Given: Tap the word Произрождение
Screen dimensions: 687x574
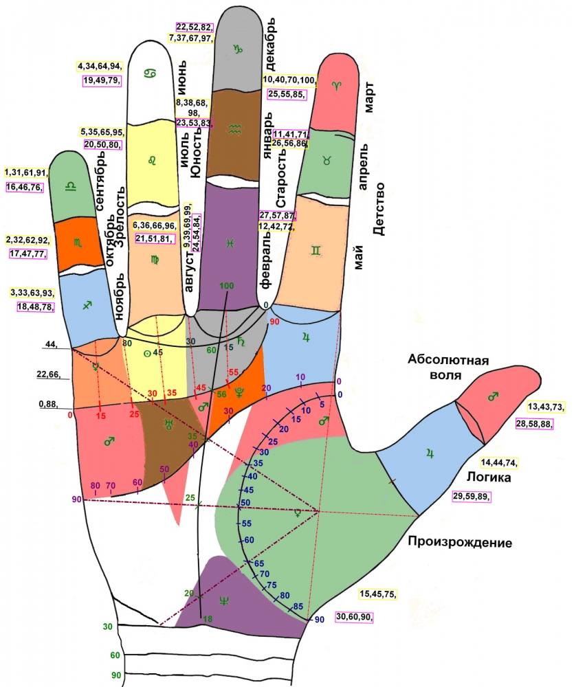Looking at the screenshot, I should [460, 541].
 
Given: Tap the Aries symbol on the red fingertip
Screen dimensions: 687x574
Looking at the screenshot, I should [337, 85].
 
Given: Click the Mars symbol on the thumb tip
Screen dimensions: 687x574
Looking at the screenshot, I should [492, 397].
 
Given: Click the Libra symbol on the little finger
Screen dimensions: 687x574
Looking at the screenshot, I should [69, 185].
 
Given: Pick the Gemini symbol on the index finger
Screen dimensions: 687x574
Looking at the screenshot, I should [315, 252].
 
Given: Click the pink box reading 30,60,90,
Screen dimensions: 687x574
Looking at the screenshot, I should [355, 617].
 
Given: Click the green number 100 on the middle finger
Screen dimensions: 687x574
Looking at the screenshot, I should [227, 285].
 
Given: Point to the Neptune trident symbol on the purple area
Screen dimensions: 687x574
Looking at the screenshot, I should [224, 601].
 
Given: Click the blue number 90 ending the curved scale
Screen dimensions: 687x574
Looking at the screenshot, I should [319, 620].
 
